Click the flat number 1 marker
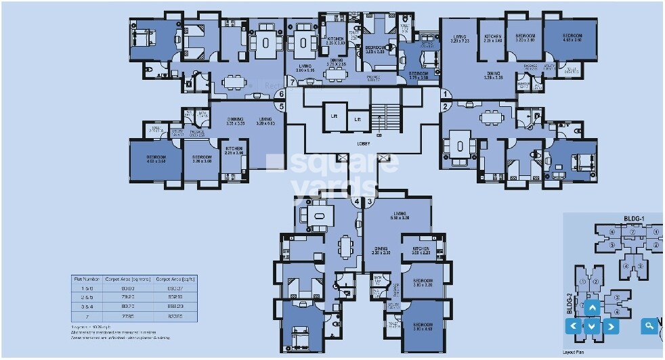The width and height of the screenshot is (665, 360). pos(446,93)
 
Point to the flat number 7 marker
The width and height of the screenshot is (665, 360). pos(293,83)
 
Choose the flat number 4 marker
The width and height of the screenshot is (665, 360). pos(356,202)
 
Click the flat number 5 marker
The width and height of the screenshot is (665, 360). pos(282,106)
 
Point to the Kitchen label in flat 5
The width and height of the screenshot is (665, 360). pos(234,150)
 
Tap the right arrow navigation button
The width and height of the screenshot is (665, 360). pos(611,326)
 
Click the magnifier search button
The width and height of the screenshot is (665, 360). pos(649,326)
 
